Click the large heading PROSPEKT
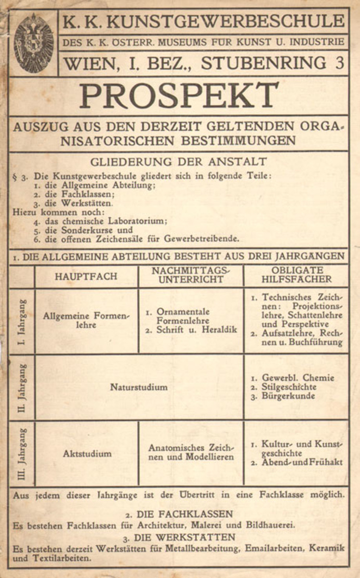click(179, 96)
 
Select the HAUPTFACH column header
click(86, 277)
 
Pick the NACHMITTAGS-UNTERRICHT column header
click(191, 275)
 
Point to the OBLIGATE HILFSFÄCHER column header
click(296, 275)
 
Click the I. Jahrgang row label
click(22, 321)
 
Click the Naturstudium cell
click(139, 387)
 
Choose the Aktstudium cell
click(87, 453)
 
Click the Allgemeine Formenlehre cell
click(87, 321)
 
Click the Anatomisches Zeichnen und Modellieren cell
click(191, 452)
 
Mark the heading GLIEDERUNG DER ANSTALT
click(178, 162)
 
